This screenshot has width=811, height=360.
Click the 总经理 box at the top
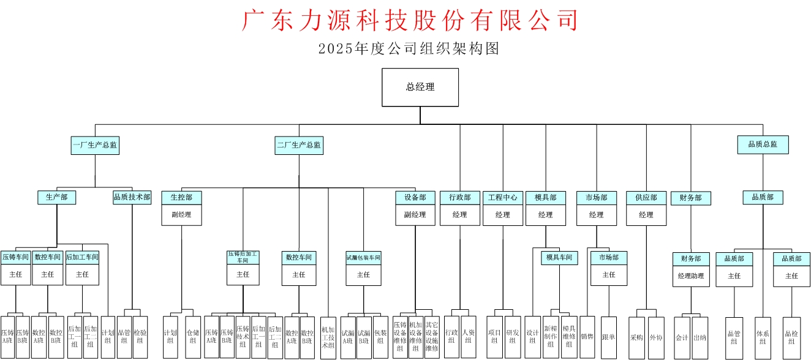tap(420, 87)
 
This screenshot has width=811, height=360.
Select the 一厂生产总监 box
tap(95, 145)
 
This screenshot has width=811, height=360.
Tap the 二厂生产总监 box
tap(299, 145)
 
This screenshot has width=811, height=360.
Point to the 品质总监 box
tap(763, 144)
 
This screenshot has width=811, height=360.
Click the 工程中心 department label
tap(503, 198)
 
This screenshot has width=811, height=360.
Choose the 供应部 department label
tap(646, 198)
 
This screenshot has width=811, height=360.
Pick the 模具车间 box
tap(560, 258)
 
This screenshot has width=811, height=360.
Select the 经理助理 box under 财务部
tap(691, 276)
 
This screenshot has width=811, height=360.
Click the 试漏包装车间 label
tap(364, 258)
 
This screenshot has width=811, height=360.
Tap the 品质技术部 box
tap(132, 197)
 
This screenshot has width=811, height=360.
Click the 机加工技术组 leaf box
tap(328, 337)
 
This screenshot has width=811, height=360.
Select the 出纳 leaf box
tap(700, 337)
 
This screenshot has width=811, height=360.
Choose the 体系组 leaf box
tap(763, 337)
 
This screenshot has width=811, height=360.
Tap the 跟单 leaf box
tap(609, 337)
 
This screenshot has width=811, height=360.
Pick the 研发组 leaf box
tap(513, 337)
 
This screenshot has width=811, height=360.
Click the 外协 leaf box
tap(656, 337)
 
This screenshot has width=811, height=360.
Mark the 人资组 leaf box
tap(468, 337)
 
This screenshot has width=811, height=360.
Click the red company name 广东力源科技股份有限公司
tap(410, 20)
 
